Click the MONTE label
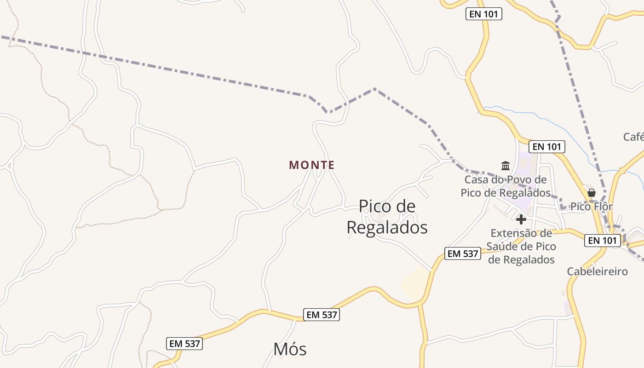[x=311, y=165]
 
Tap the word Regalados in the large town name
[x=387, y=227]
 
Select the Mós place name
[x=290, y=349]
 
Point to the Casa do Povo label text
[x=506, y=186]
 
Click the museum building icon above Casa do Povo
[x=506, y=166]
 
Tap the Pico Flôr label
[x=591, y=207]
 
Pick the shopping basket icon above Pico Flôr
[x=592, y=192]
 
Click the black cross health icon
[x=521, y=219]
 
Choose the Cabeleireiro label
[x=597, y=271]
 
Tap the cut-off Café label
[x=634, y=137]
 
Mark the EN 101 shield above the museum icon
[x=546, y=147]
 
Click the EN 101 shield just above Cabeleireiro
[x=603, y=240]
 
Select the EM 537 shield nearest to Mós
[x=322, y=315]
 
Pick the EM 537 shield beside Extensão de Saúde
[x=463, y=253]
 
